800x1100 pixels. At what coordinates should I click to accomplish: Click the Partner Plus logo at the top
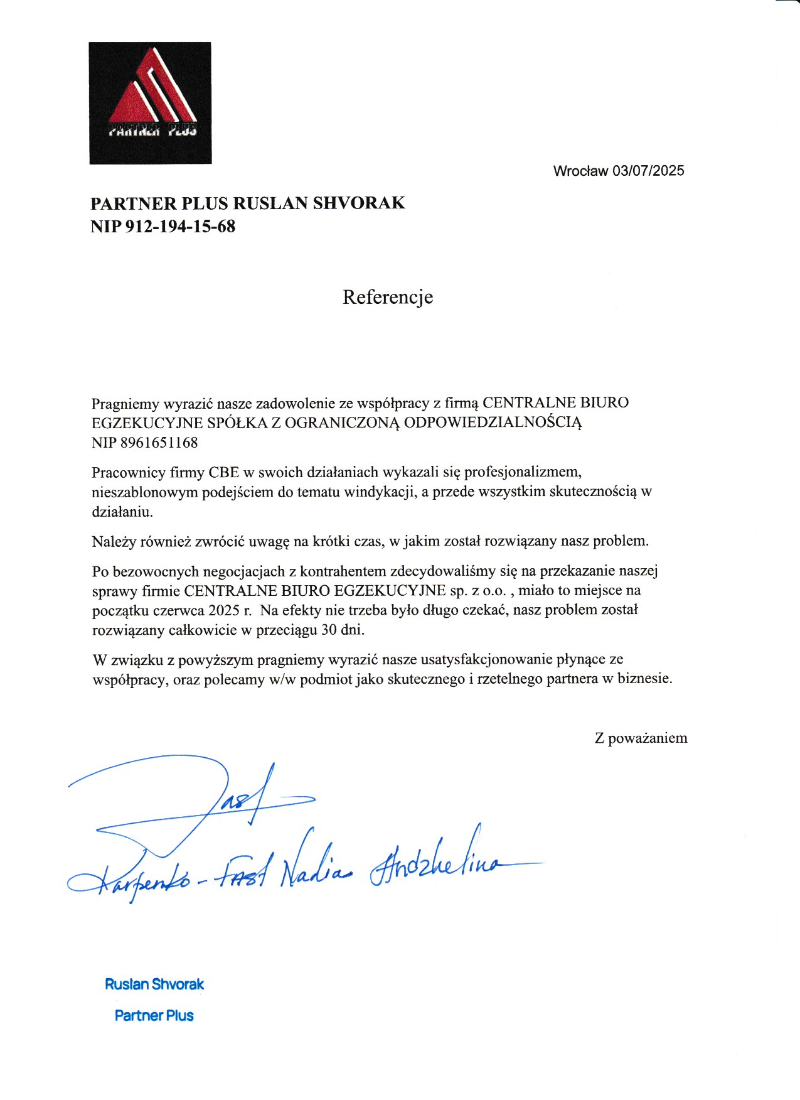pos(150,103)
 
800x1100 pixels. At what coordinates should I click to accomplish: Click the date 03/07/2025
pos(648,171)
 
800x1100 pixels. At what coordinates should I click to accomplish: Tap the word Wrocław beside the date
pos(580,171)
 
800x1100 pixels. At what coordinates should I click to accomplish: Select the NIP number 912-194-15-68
pos(181,226)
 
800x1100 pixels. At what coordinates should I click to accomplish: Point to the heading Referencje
pos(388,297)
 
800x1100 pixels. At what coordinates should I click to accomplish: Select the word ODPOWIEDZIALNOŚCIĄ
pos(493,423)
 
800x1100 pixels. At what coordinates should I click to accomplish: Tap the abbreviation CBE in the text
pos(224,472)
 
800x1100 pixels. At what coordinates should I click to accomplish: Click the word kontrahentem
pos(343,571)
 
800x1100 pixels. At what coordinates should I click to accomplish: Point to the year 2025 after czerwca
pos(224,610)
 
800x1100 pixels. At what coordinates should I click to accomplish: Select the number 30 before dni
pos(329,630)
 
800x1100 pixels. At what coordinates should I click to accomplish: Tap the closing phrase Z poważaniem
pos(641,738)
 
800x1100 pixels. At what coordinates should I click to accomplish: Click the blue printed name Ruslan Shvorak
pos(154,984)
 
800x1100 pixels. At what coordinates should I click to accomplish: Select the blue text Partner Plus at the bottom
pos(154,1015)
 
